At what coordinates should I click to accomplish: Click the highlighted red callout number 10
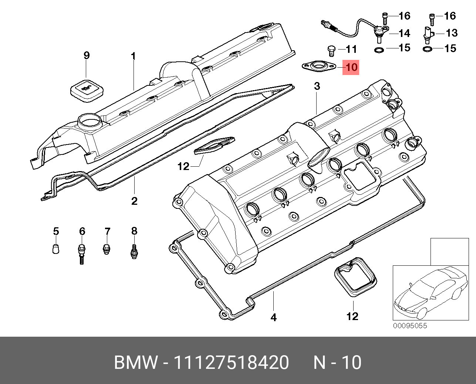pyautogui.click(x=351, y=67)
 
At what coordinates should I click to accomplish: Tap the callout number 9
pyautogui.click(x=86, y=56)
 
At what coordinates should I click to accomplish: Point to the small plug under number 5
pyautogui.click(x=55, y=249)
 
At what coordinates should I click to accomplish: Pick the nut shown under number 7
pyautogui.click(x=107, y=249)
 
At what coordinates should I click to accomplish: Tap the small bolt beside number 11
pyautogui.click(x=331, y=50)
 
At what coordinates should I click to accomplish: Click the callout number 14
pyautogui.click(x=404, y=33)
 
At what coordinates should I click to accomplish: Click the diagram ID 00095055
pyautogui.click(x=409, y=326)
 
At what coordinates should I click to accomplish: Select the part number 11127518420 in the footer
pyautogui.click(x=231, y=363)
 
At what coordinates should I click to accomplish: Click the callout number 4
pyautogui.click(x=273, y=317)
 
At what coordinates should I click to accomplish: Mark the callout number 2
pyautogui.click(x=134, y=201)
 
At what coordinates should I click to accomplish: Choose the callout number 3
pyautogui.click(x=317, y=86)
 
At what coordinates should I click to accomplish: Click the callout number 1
pyautogui.click(x=133, y=56)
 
